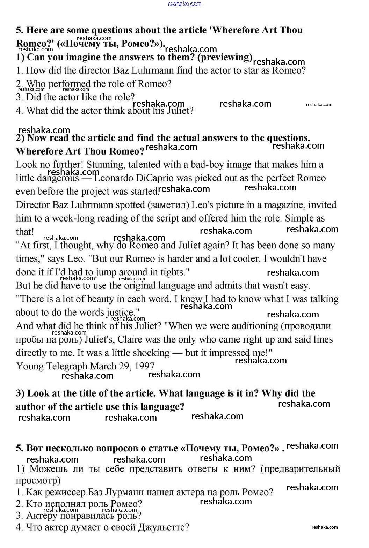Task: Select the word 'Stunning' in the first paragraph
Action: click(104, 165)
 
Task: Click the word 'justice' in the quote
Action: click(121, 313)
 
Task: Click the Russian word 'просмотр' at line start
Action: click(38, 481)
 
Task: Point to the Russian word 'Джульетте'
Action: click(163, 527)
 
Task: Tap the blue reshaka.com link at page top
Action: click(185, 4)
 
